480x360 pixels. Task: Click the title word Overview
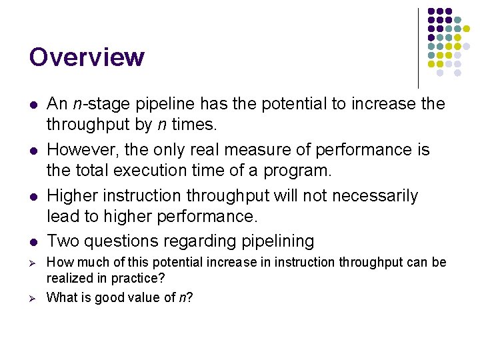coord(87,57)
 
